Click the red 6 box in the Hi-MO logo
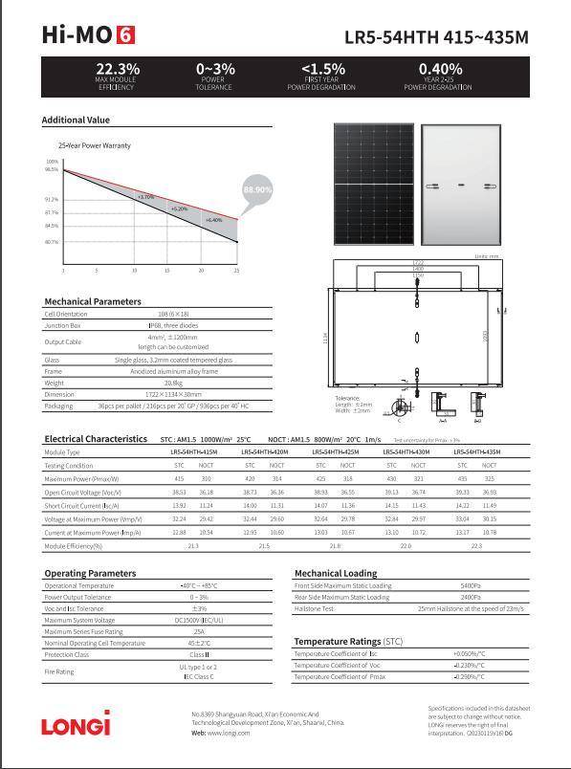(x=125, y=35)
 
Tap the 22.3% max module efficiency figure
(x=118, y=69)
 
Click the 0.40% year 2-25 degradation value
(x=440, y=69)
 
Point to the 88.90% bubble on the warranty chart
(x=258, y=190)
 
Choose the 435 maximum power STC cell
(x=462, y=478)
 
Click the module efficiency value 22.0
(x=405, y=545)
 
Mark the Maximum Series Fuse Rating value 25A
(x=199, y=631)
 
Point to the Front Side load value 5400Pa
(x=471, y=585)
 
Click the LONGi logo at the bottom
(x=76, y=724)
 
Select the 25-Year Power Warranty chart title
(x=94, y=145)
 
